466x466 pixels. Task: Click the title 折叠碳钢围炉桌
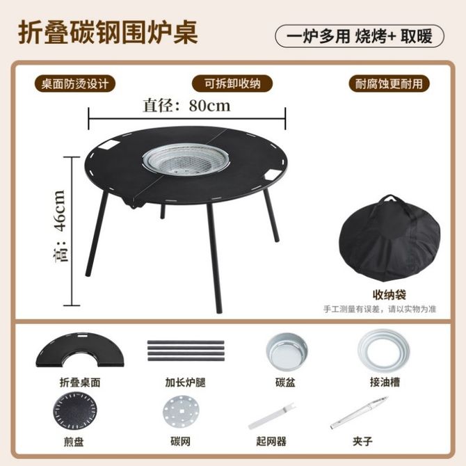click(109, 33)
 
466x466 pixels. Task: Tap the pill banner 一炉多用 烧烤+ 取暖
click(360, 37)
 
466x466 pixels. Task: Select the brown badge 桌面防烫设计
click(75, 83)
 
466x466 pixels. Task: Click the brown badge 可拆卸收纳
click(232, 83)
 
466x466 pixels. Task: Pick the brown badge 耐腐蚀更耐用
click(389, 83)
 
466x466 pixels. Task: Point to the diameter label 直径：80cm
click(186, 106)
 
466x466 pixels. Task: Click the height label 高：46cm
click(60, 225)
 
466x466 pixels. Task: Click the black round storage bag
click(389, 241)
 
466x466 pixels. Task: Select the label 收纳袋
click(389, 295)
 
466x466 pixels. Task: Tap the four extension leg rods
click(186, 351)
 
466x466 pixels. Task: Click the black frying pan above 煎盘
click(75, 412)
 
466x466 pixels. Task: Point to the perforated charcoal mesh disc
click(181, 412)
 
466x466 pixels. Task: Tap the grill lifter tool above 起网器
click(272, 416)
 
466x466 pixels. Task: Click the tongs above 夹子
click(360, 412)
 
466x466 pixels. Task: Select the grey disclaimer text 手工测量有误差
click(351, 309)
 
